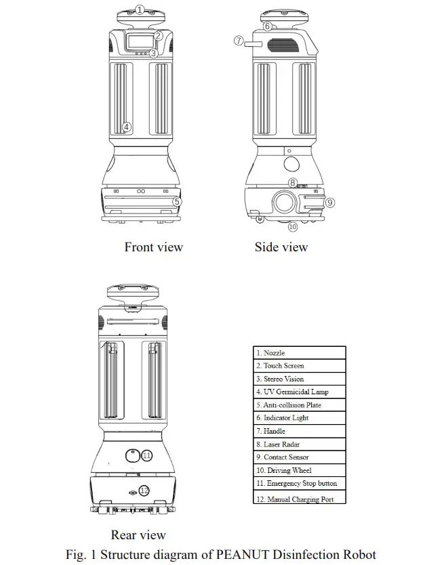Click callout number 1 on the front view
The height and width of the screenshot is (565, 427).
click(x=140, y=9)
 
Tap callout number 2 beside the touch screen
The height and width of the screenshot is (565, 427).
click(x=158, y=36)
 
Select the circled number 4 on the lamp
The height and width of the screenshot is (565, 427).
click(x=127, y=127)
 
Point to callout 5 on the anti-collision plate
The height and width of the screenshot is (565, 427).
click(x=176, y=201)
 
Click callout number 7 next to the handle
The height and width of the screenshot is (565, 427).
click(x=239, y=41)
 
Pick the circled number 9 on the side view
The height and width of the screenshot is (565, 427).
click(x=330, y=202)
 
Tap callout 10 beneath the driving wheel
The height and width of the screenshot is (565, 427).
click(x=293, y=227)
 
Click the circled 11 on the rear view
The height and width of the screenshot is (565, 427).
click(x=147, y=456)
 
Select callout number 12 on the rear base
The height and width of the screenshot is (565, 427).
click(x=144, y=490)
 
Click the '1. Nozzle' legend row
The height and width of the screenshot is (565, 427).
click(x=299, y=353)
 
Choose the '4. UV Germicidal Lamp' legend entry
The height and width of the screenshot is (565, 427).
click(x=299, y=392)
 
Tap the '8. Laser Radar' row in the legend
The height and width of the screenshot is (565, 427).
click(x=299, y=444)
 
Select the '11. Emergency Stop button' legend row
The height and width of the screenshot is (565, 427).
click(x=299, y=484)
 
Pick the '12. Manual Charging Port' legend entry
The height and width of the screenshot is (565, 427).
click(x=299, y=499)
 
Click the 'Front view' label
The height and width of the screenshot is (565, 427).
click(x=153, y=247)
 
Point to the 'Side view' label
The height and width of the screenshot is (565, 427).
click(x=281, y=247)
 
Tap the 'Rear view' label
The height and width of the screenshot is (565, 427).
click(x=138, y=535)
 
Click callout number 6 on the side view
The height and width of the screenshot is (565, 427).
click(x=268, y=26)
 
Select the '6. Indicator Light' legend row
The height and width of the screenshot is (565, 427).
click(x=299, y=418)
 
